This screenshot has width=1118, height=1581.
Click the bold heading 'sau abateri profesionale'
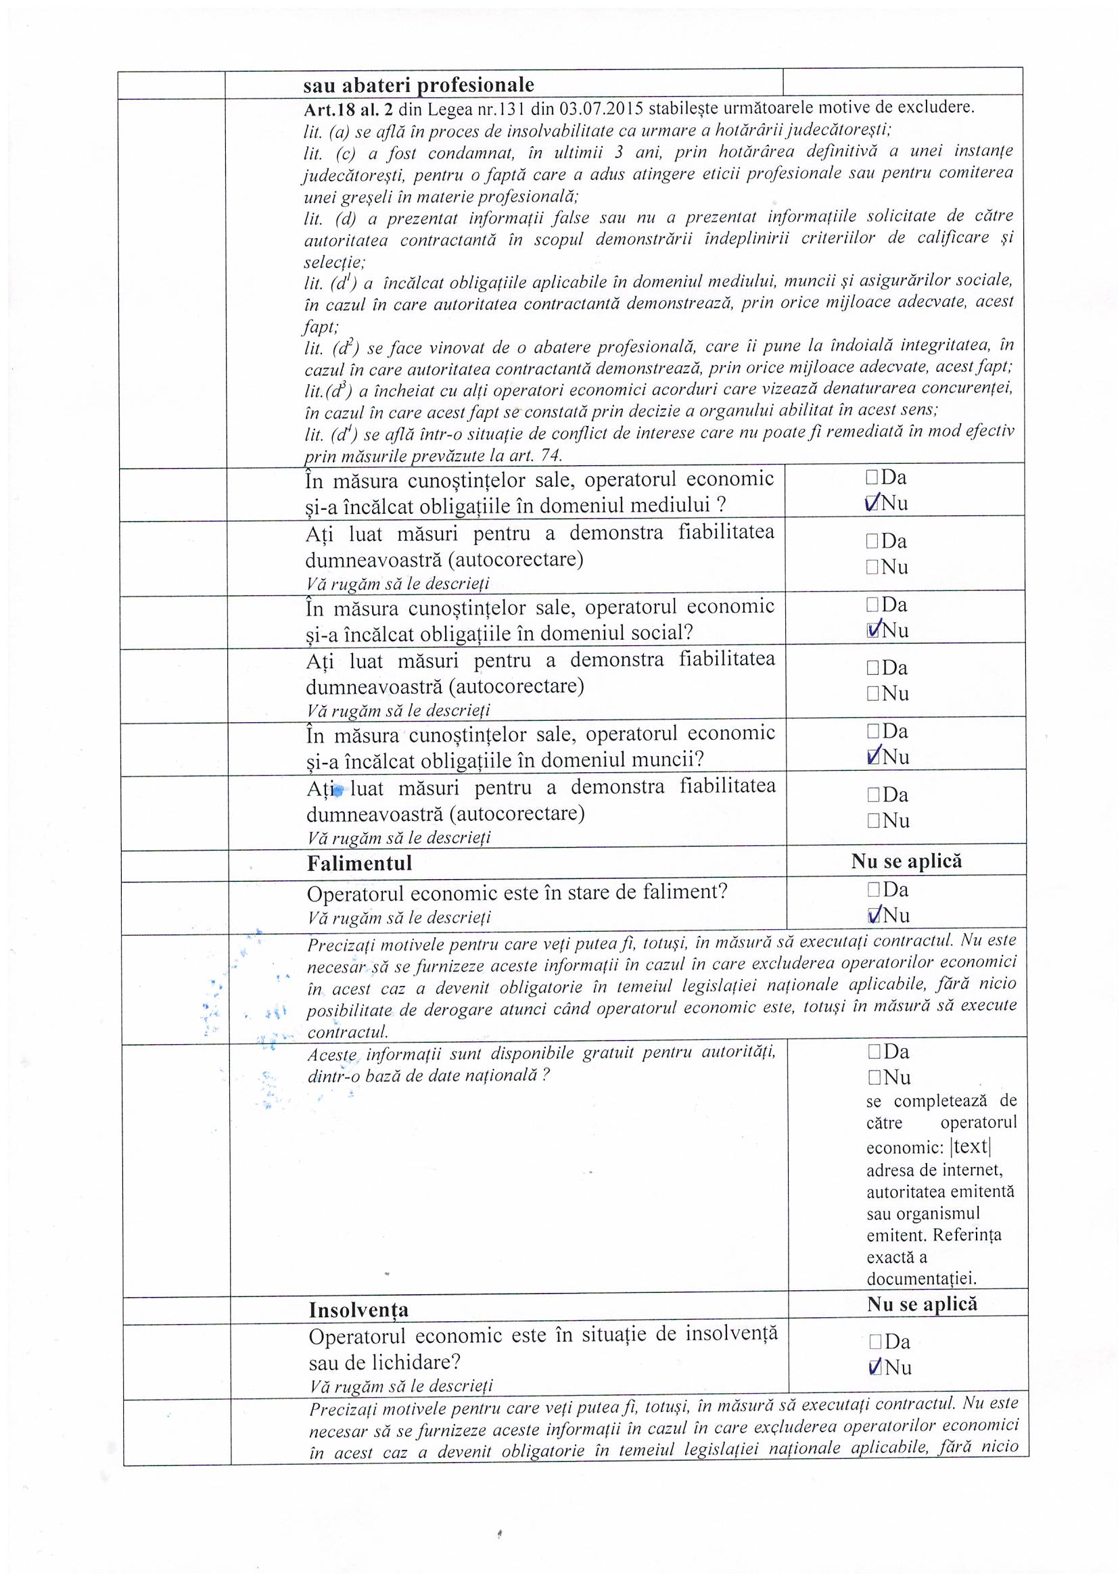click(x=418, y=85)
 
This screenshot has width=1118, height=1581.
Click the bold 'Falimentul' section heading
click(x=359, y=863)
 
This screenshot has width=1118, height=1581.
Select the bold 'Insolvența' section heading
click(x=358, y=1309)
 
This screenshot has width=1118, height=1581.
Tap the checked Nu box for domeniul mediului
click(x=872, y=503)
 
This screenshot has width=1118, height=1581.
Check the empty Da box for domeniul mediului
click(x=872, y=477)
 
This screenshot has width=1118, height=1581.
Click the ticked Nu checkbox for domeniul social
click(x=873, y=630)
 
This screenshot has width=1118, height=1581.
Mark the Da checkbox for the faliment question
click(x=873, y=890)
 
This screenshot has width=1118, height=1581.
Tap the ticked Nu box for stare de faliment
click(x=875, y=915)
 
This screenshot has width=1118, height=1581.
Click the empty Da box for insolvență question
click(x=875, y=1342)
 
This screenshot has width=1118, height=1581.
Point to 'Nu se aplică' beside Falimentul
click(x=906, y=861)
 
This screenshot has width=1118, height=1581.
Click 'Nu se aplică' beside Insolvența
click(x=922, y=1304)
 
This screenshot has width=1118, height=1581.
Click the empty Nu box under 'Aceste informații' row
click(x=875, y=1077)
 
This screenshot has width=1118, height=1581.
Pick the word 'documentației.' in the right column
click(x=921, y=1279)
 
